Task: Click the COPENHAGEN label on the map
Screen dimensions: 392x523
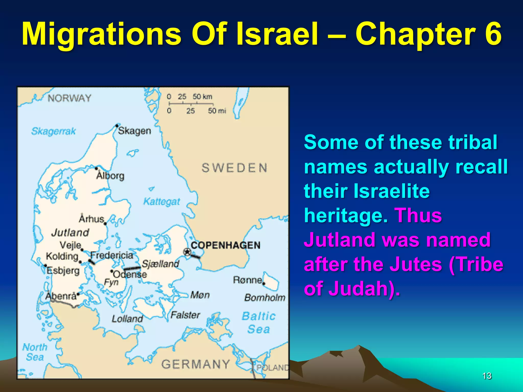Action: click(x=225, y=245)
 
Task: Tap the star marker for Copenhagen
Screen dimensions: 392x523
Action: click(x=187, y=252)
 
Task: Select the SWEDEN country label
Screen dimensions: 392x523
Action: click(x=234, y=168)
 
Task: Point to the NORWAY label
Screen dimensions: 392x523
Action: click(x=69, y=98)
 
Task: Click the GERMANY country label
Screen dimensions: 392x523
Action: click(x=196, y=364)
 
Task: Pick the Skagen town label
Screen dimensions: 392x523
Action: click(x=135, y=131)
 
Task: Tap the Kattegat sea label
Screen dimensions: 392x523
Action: click(x=162, y=202)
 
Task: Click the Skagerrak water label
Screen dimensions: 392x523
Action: click(x=53, y=131)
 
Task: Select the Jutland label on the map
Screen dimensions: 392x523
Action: click(x=70, y=232)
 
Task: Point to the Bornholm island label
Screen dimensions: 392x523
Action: click(x=265, y=298)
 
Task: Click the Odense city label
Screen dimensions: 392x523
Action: click(x=130, y=275)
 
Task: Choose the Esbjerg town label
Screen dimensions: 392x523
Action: click(x=63, y=271)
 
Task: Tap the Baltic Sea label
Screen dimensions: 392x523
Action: click(x=259, y=323)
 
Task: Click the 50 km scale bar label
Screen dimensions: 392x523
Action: click(x=202, y=97)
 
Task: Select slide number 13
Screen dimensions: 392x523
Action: click(x=487, y=376)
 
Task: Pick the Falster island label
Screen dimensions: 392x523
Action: click(x=185, y=315)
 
